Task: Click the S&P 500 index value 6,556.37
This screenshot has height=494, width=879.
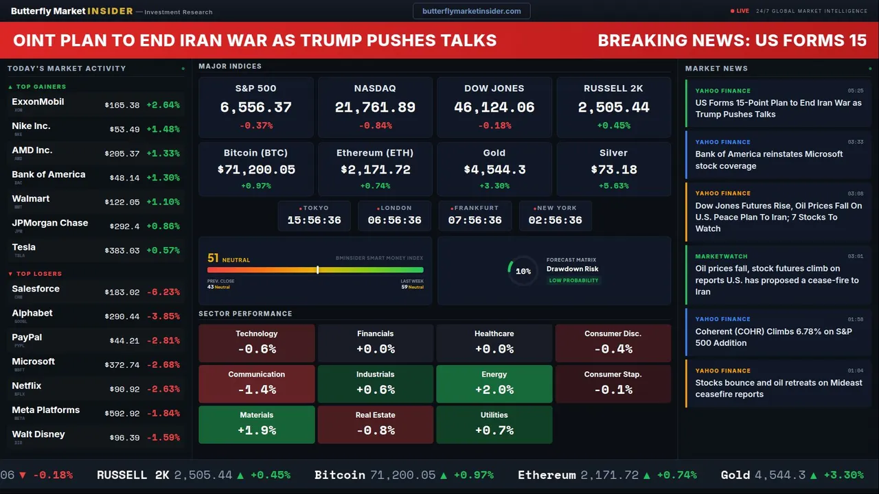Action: (x=255, y=108)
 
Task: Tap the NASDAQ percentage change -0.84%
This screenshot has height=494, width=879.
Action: (x=375, y=126)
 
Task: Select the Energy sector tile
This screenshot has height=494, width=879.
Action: (x=494, y=383)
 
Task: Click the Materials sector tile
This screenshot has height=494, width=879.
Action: (x=257, y=424)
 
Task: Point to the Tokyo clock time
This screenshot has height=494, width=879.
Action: (x=314, y=220)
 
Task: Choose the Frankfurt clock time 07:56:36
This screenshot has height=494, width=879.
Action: (x=475, y=220)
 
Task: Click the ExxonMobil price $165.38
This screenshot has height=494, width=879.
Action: (x=122, y=106)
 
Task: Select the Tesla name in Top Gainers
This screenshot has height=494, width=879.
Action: (x=24, y=247)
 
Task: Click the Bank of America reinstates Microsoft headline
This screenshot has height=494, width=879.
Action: (x=768, y=160)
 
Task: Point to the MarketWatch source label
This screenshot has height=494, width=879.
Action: (x=721, y=257)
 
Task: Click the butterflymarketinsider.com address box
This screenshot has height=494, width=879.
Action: (x=472, y=11)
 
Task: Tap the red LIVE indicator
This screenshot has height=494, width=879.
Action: (x=740, y=11)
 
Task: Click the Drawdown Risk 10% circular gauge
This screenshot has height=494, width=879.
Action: (x=523, y=271)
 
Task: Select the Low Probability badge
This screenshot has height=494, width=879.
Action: (x=573, y=281)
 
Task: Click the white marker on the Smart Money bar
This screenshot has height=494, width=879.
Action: (x=317, y=270)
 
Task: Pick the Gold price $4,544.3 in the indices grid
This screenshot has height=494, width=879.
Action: (x=494, y=169)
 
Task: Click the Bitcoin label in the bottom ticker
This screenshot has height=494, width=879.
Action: (x=340, y=475)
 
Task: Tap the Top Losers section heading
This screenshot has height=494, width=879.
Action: (x=38, y=274)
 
